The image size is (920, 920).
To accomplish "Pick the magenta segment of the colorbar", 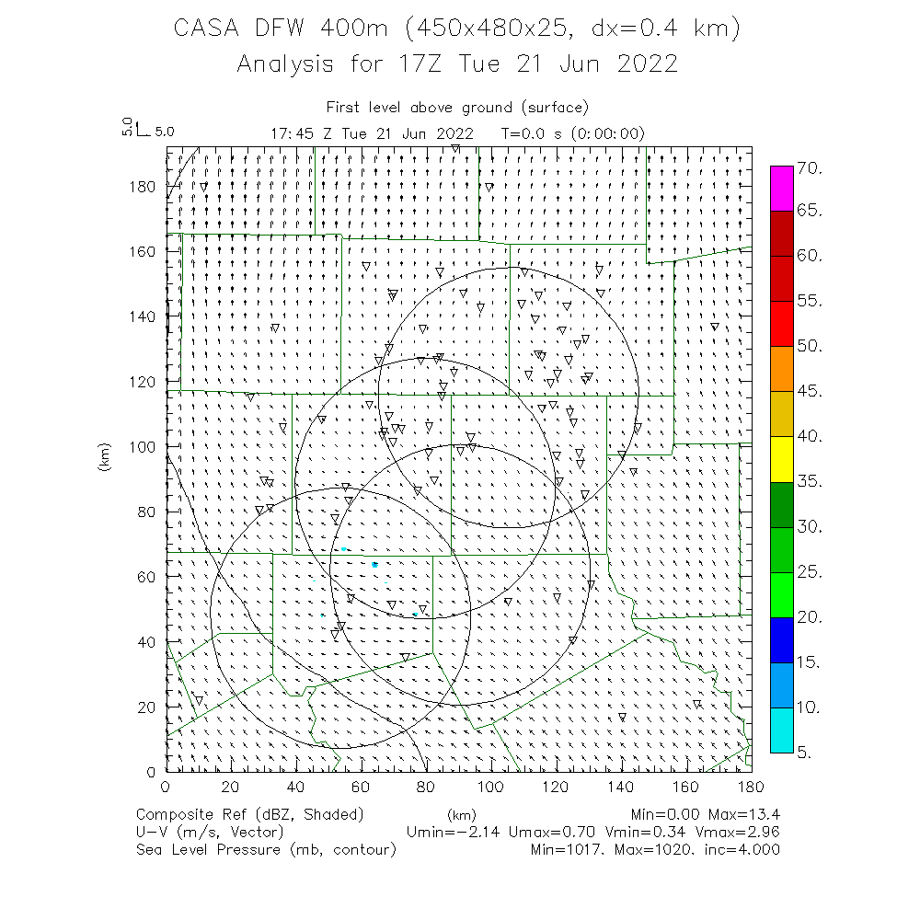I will [x=782, y=189].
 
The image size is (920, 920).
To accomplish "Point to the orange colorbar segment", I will [x=782, y=368].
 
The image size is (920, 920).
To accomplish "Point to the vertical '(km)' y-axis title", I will [x=106, y=460].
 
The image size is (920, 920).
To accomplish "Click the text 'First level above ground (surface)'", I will [x=457, y=108].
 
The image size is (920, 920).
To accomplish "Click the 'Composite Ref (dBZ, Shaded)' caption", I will [x=250, y=814].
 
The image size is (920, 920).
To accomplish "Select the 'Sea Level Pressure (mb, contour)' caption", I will [x=266, y=849].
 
